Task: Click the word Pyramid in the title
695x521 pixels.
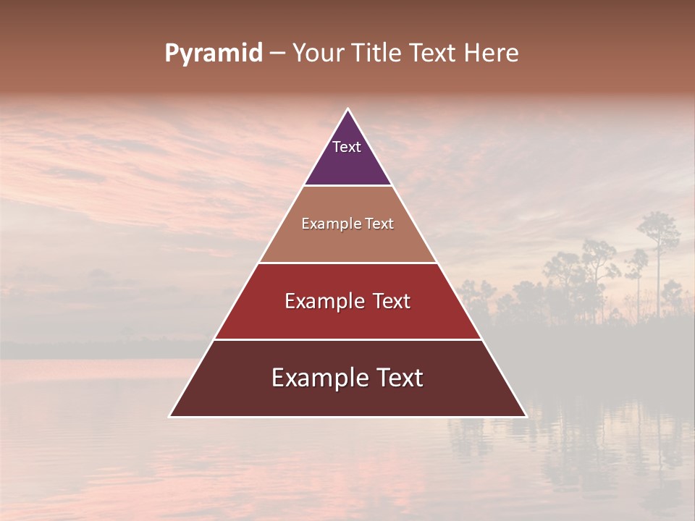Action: point(213,54)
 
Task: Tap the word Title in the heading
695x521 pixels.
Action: point(377,54)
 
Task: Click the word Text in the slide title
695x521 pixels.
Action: point(434,54)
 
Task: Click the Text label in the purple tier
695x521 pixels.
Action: point(347,147)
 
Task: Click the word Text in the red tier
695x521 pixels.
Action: point(392,301)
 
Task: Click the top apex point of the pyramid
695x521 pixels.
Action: point(347,109)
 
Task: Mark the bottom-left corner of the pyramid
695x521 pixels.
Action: point(170,416)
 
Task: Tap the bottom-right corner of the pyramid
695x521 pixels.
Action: point(526,416)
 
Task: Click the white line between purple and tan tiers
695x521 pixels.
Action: point(347,186)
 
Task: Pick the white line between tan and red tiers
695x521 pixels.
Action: point(347,263)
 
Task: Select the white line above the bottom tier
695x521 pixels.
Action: point(347,339)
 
